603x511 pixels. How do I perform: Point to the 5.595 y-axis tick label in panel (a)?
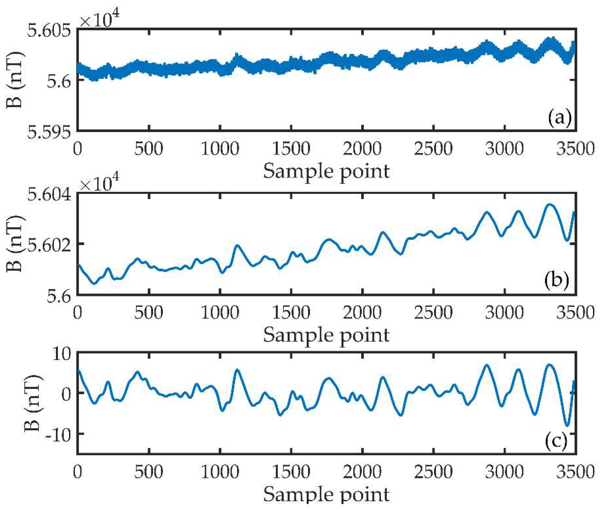point(49,132)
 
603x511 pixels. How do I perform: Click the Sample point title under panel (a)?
point(326,171)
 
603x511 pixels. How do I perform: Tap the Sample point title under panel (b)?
point(326,335)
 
